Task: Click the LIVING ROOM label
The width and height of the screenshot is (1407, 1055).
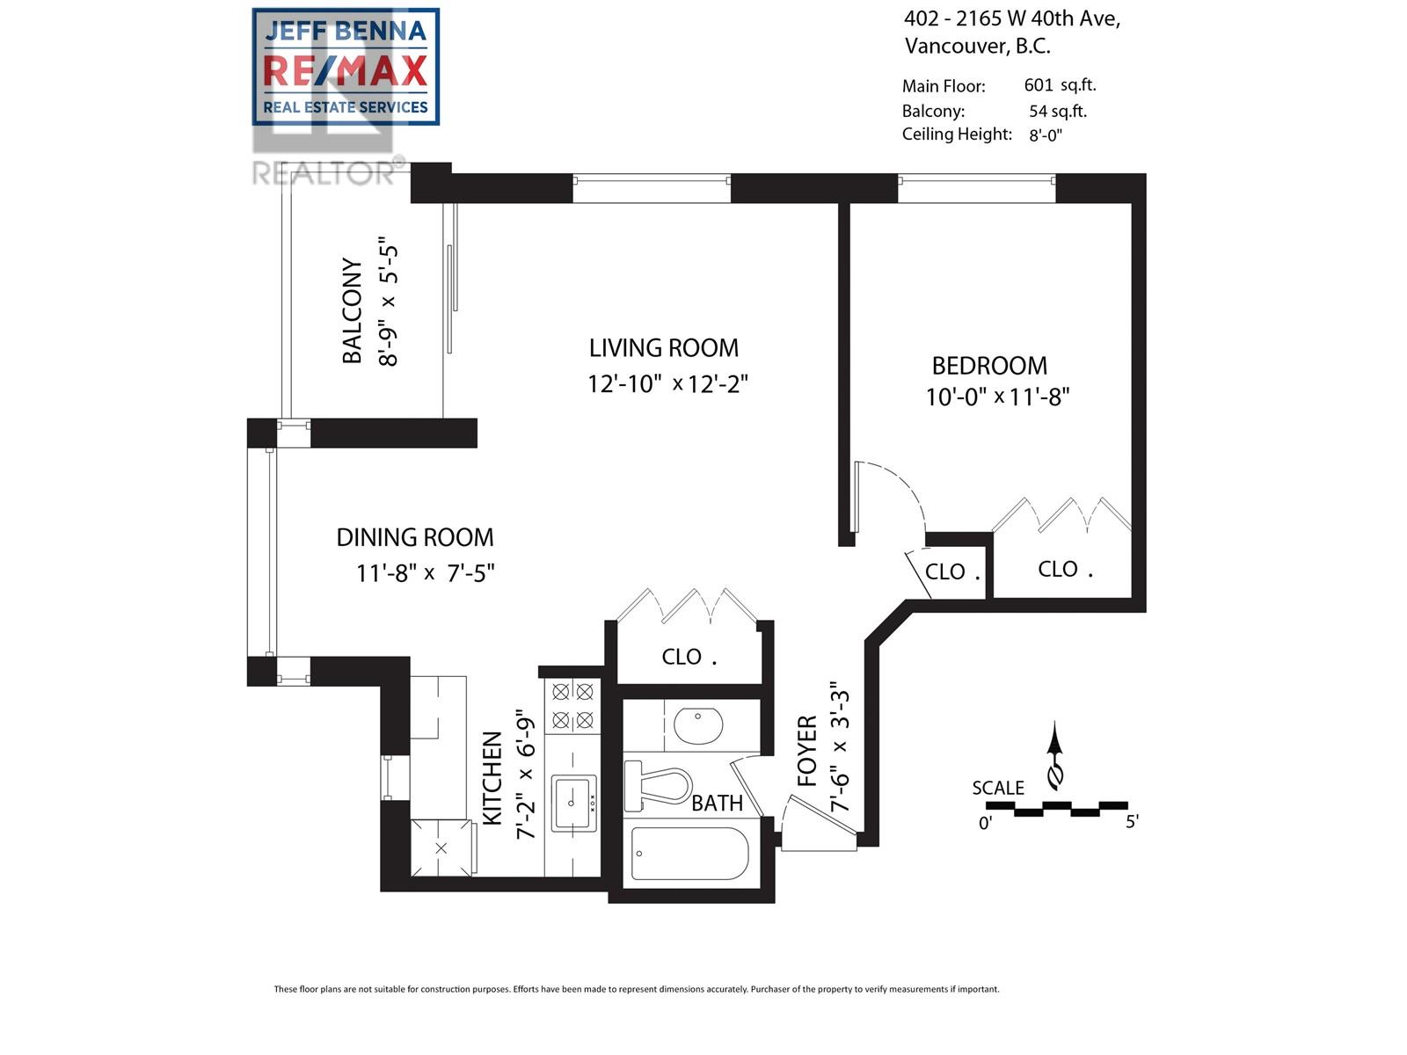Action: (664, 348)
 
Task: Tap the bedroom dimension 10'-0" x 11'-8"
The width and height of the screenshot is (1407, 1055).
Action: (996, 397)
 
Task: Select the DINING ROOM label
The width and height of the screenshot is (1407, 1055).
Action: (415, 537)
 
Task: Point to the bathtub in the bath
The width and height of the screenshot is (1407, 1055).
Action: (690, 853)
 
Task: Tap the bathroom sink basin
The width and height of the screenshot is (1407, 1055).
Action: (698, 726)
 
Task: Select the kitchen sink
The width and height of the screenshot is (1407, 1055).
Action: (573, 802)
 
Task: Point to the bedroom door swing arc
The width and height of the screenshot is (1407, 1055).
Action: (897, 492)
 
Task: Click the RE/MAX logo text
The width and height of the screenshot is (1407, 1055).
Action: (346, 71)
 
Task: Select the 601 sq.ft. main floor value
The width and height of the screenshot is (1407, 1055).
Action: (1060, 85)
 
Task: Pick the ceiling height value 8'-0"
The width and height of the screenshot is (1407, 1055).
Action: (1046, 135)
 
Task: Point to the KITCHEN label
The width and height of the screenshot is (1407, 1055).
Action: (492, 778)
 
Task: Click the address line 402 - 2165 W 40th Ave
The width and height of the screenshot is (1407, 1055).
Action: (1011, 18)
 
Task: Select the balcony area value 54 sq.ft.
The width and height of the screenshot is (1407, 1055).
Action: (1058, 111)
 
